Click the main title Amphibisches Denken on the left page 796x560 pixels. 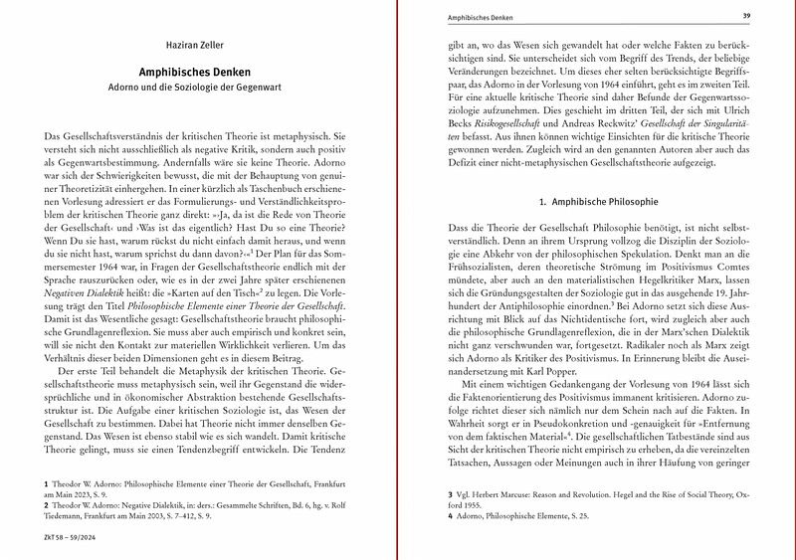[x=195, y=73]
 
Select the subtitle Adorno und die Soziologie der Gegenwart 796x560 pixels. [x=195, y=89]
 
